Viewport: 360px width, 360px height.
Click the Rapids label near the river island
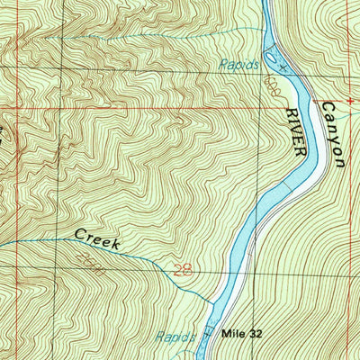click(239, 65)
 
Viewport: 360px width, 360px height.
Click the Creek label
click(97, 238)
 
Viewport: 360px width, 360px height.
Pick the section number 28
click(182, 270)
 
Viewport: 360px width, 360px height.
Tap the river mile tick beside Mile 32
click(208, 333)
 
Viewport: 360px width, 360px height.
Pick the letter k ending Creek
click(117, 244)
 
